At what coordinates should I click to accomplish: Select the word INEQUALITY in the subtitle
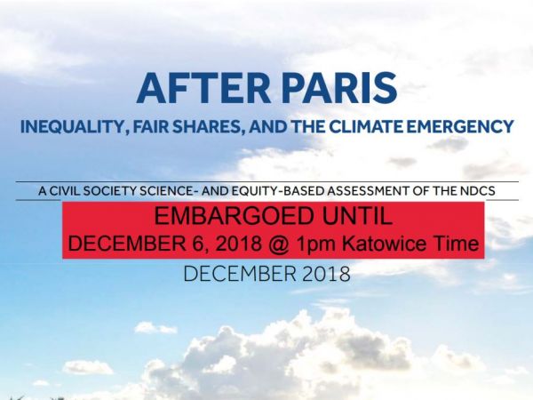coord(74,127)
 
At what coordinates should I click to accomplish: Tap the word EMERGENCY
coord(460,126)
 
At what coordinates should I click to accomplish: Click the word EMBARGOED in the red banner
coord(234,216)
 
